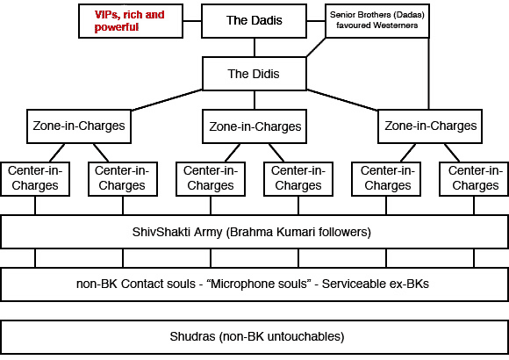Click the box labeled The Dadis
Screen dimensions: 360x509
(254, 21)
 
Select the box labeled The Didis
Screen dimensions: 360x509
(254, 74)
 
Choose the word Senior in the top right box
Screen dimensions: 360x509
(343, 14)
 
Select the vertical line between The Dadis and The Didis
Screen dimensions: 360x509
(254, 47)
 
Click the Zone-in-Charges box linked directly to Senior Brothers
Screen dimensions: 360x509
(430, 126)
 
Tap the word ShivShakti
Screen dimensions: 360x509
(159, 232)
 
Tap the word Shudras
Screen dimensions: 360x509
(192, 337)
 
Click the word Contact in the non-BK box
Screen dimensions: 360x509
(145, 284)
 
